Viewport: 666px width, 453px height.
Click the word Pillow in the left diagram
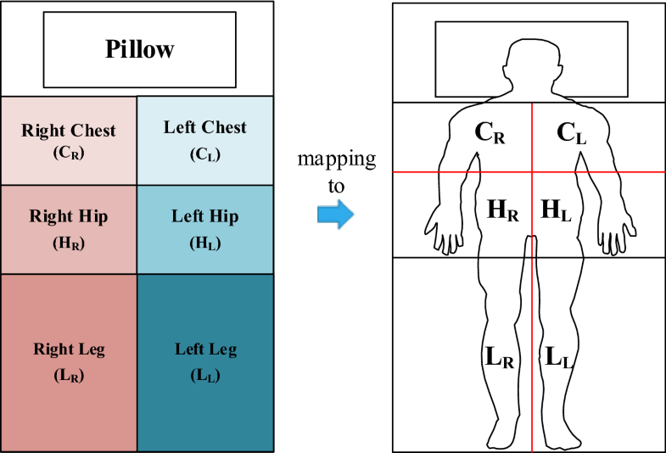pos(139,48)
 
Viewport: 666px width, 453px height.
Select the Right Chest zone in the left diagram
pos(69,140)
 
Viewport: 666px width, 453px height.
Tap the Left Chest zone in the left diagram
pos(205,140)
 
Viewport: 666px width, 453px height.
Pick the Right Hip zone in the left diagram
pos(69,229)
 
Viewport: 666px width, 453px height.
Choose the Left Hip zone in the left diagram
pos(205,229)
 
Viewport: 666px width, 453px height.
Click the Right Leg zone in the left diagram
pos(69,361)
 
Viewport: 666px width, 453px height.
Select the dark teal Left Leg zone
pos(205,361)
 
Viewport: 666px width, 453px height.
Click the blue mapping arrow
pos(333,214)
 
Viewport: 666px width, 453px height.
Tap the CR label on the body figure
pos(490,133)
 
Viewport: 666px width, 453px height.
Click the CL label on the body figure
pos(571,133)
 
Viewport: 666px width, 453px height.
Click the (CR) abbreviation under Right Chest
pos(69,154)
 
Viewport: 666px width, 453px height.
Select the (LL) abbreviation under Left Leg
pos(205,374)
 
